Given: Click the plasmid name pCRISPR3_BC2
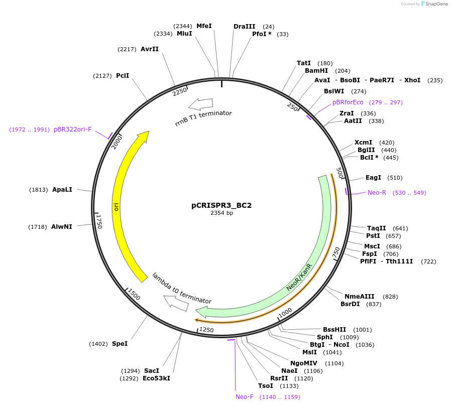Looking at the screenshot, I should pyautogui.click(x=221, y=205).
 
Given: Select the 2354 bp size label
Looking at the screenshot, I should pyautogui.click(x=221, y=213).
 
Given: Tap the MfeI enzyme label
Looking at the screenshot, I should pyautogui.click(x=204, y=26).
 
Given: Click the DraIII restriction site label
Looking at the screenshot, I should pyautogui.click(x=245, y=26).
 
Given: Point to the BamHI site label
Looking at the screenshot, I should pyautogui.click(x=316, y=71).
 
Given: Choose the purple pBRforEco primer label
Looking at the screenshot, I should pyautogui.click(x=348, y=102).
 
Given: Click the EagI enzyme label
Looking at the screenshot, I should pyautogui.click(x=373, y=178).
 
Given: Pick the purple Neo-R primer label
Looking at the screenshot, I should pyautogui.click(x=377, y=193).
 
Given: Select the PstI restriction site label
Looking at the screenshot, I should pyautogui.click(x=373, y=236).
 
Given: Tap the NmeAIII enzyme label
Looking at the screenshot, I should pyautogui.click(x=360, y=297).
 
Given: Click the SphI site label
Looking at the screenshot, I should pyautogui.click(x=324, y=337).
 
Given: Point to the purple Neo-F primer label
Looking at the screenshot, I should pyautogui.click(x=245, y=397).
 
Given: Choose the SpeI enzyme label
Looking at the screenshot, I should pyautogui.click(x=120, y=344).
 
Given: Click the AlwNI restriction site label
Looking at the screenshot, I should pyautogui.click(x=62, y=227).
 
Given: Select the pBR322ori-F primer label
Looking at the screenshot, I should pyautogui.click(x=73, y=129).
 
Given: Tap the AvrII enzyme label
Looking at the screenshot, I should pyautogui.click(x=150, y=49).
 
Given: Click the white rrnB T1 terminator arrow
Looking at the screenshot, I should pyautogui.click(x=200, y=104).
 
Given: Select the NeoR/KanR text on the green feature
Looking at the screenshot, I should pyautogui.click(x=300, y=277).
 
